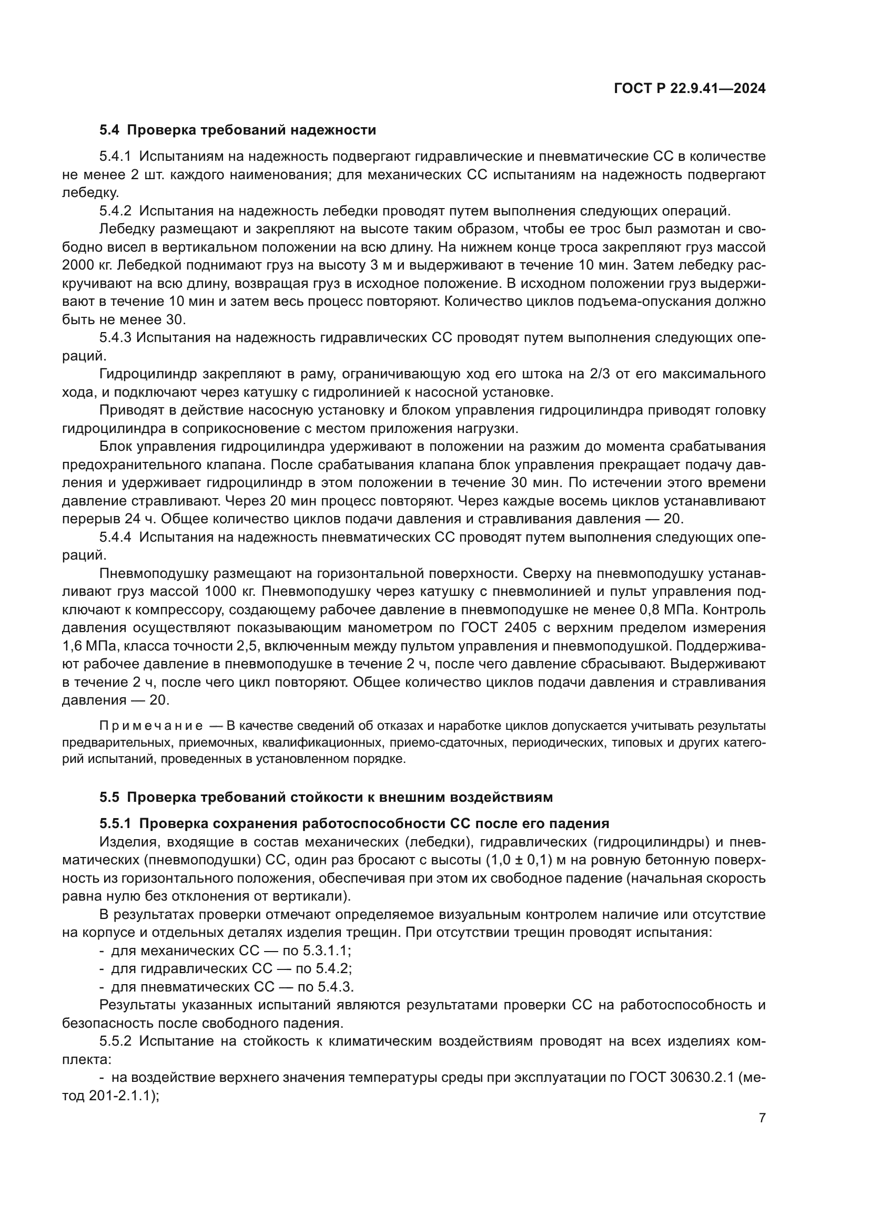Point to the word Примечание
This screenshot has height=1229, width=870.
point(151,726)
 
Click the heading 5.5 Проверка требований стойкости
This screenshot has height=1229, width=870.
point(326,797)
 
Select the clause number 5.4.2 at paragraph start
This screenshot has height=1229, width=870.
point(115,211)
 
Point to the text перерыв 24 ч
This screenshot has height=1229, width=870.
point(109,519)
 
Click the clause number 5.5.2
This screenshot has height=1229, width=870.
point(115,1041)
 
